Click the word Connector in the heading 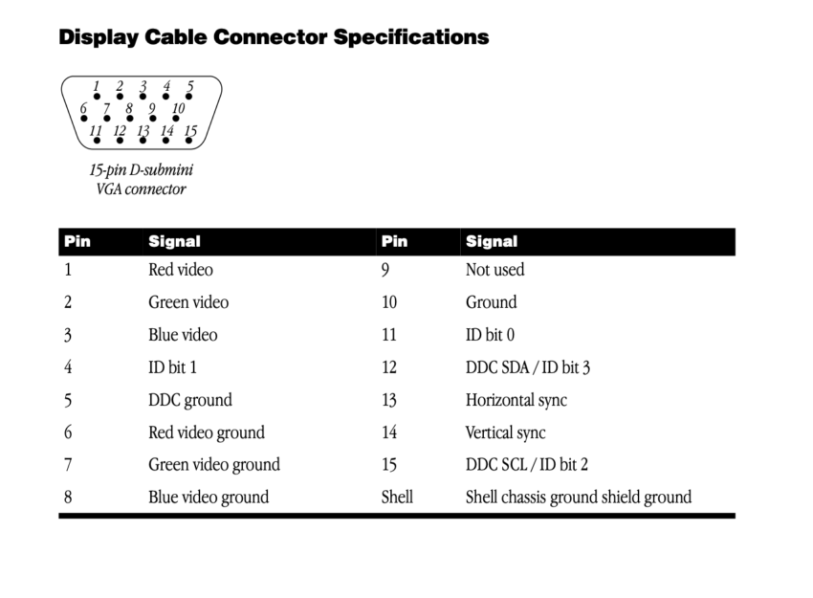[270, 36]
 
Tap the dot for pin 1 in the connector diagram [97, 97]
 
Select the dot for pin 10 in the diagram [176, 119]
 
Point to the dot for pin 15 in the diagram [189, 140]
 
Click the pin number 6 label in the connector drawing [83, 108]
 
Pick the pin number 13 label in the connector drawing [143, 130]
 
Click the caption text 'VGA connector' [141, 188]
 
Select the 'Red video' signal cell [181, 270]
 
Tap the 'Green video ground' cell [214, 465]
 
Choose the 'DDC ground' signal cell [190, 400]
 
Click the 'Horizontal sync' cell [516, 400]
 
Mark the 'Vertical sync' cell [506, 432]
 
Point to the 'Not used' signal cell [495, 270]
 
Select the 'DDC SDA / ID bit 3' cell [528, 367]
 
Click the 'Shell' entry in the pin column [397, 497]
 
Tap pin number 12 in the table [389, 367]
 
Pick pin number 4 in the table [68, 367]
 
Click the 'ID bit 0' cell [490, 335]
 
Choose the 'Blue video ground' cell [209, 498]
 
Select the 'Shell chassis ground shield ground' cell [579, 498]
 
